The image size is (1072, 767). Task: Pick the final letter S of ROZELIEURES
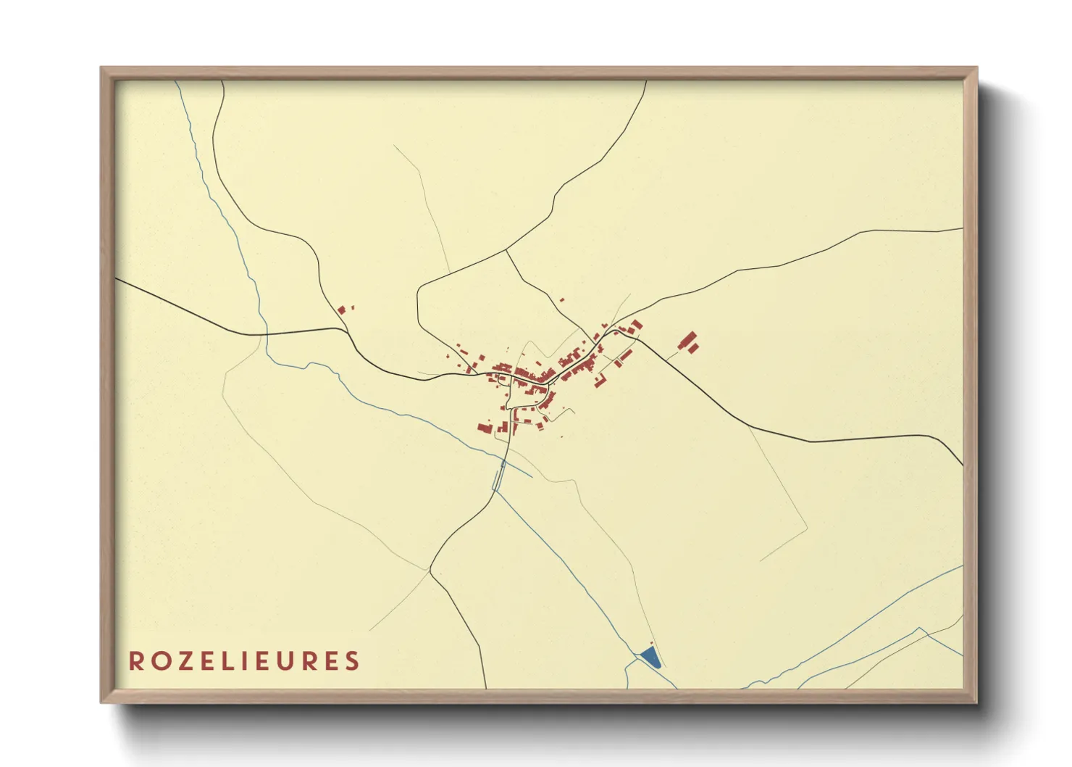(x=352, y=661)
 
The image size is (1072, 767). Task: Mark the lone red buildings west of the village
(x=342, y=310)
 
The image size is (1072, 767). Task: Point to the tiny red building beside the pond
(x=651, y=643)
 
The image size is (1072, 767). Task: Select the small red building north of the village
(x=561, y=299)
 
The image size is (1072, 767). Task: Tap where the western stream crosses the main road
(x=266, y=334)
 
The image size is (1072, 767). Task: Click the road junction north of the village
(x=506, y=250)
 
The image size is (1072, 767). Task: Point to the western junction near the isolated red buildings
(x=348, y=331)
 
